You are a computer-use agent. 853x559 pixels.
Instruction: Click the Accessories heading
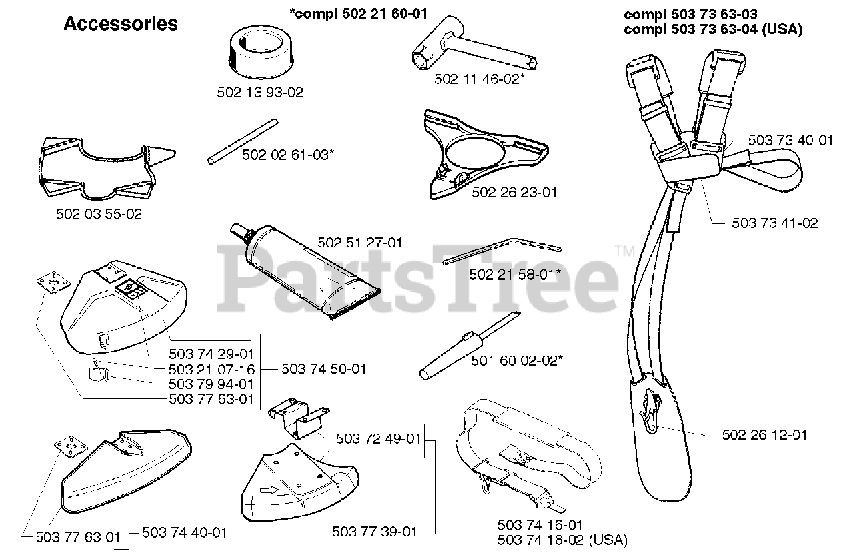pyautogui.click(x=121, y=24)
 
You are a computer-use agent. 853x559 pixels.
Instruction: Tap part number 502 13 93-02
pyautogui.click(x=260, y=93)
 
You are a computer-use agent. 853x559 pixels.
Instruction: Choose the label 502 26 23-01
pyautogui.click(x=514, y=193)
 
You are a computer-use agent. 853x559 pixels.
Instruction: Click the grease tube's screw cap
pyautogui.click(x=237, y=231)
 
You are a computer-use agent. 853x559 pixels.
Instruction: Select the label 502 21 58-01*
pyautogui.click(x=515, y=274)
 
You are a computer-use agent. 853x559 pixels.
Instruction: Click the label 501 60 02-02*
pyautogui.click(x=517, y=360)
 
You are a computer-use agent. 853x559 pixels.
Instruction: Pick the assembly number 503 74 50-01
pyautogui.click(x=323, y=368)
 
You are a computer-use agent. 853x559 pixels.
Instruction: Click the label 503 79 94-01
pyautogui.click(x=211, y=384)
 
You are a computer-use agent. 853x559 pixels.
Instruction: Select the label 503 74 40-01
pyautogui.click(x=185, y=532)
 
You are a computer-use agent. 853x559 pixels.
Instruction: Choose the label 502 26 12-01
pyautogui.click(x=765, y=434)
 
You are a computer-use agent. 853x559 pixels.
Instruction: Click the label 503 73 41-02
pyautogui.click(x=775, y=223)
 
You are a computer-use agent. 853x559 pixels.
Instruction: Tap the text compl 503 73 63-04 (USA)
pyautogui.click(x=712, y=30)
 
